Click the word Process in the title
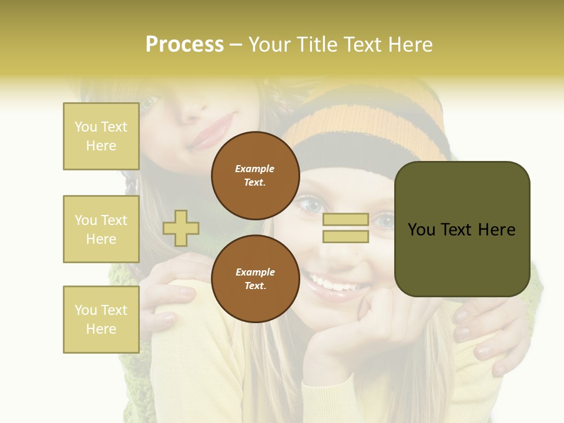(184, 45)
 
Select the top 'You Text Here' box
(101, 136)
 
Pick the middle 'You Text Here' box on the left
(101, 229)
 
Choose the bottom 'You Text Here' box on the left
(101, 319)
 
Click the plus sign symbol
(181, 228)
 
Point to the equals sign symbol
(345, 228)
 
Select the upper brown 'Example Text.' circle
(255, 175)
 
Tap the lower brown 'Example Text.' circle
(255, 278)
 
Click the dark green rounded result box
(462, 229)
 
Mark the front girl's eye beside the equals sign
(385, 221)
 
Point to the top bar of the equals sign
(345, 220)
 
